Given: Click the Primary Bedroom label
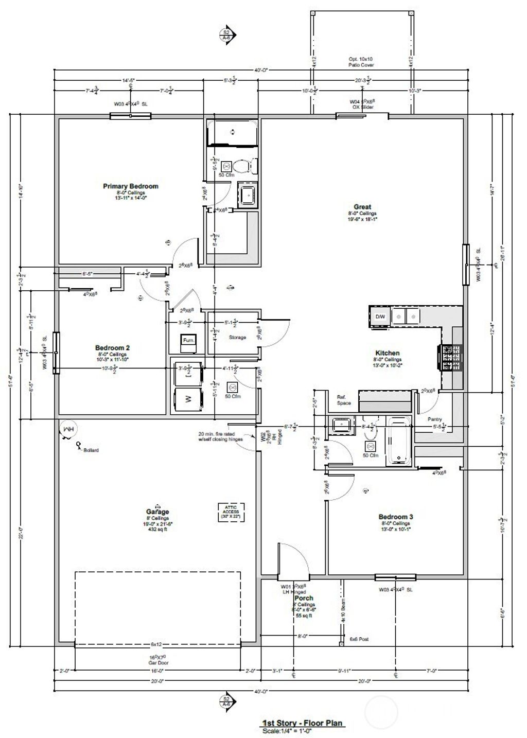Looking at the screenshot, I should pyautogui.click(x=131, y=186).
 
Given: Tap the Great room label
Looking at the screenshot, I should pyautogui.click(x=362, y=207).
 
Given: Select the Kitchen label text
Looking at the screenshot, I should pyautogui.click(x=388, y=353).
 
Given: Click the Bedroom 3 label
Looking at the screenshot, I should pyautogui.click(x=395, y=517).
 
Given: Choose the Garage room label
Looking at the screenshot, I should pyautogui.click(x=157, y=512).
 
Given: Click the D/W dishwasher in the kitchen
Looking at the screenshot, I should pyautogui.click(x=380, y=316).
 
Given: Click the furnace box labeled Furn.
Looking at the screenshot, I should pyautogui.click(x=187, y=341).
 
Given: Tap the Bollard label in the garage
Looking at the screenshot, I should pyautogui.click(x=91, y=450).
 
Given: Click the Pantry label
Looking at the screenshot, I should pyautogui.click(x=435, y=419).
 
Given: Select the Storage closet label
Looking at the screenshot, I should pyautogui.click(x=237, y=338).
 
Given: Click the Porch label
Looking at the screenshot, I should pyautogui.click(x=304, y=599).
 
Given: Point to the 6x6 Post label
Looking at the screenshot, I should pyautogui.click(x=359, y=639).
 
